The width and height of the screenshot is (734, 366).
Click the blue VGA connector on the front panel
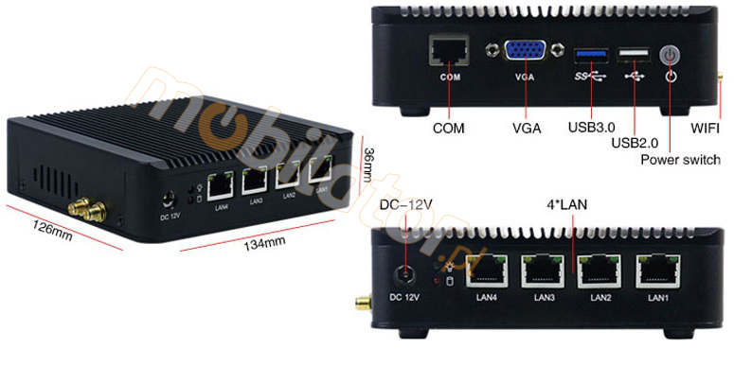[524, 53]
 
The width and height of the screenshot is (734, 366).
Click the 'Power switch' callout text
[680, 159]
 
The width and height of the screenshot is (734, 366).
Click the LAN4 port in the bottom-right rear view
[486, 271]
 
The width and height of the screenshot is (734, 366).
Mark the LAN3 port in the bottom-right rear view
[544, 271]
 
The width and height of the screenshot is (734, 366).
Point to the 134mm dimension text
[265, 243]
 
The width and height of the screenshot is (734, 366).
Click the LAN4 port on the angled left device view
[222, 183]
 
